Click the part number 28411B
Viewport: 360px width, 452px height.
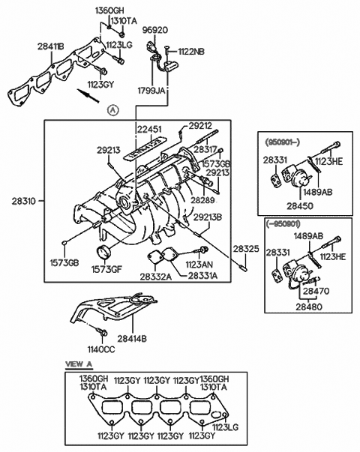tap(51, 46)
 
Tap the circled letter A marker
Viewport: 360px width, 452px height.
tap(112, 110)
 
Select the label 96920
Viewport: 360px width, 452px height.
tap(155, 30)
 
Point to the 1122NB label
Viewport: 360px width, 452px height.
tap(191, 52)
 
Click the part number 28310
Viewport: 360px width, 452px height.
tap(24, 201)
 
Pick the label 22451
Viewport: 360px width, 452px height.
tap(149, 129)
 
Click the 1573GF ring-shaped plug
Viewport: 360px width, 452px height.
tap(103, 253)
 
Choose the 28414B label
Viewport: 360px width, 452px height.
tap(132, 338)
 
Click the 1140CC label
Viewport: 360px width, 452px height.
tap(101, 349)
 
